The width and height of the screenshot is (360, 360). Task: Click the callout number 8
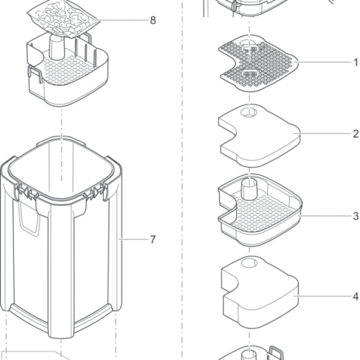point(153,20)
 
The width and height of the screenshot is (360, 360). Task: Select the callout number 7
point(153,239)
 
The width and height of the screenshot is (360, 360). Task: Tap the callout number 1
point(356,62)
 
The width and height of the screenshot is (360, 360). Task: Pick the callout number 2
point(356,134)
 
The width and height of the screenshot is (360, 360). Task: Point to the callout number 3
point(356,216)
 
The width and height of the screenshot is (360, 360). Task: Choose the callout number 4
point(356,297)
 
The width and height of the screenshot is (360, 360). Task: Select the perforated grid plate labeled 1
point(258,63)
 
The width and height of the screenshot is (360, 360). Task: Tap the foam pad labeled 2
point(259,135)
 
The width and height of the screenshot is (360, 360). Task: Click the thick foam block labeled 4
point(259,293)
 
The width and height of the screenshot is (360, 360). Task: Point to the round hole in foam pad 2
point(249,112)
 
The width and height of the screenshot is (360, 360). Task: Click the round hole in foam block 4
point(249,264)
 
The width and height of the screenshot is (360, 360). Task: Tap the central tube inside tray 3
point(249,190)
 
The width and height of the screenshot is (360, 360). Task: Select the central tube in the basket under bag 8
point(57,47)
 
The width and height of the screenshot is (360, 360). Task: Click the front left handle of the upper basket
point(36,74)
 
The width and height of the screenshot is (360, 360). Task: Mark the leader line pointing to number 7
point(134,239)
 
